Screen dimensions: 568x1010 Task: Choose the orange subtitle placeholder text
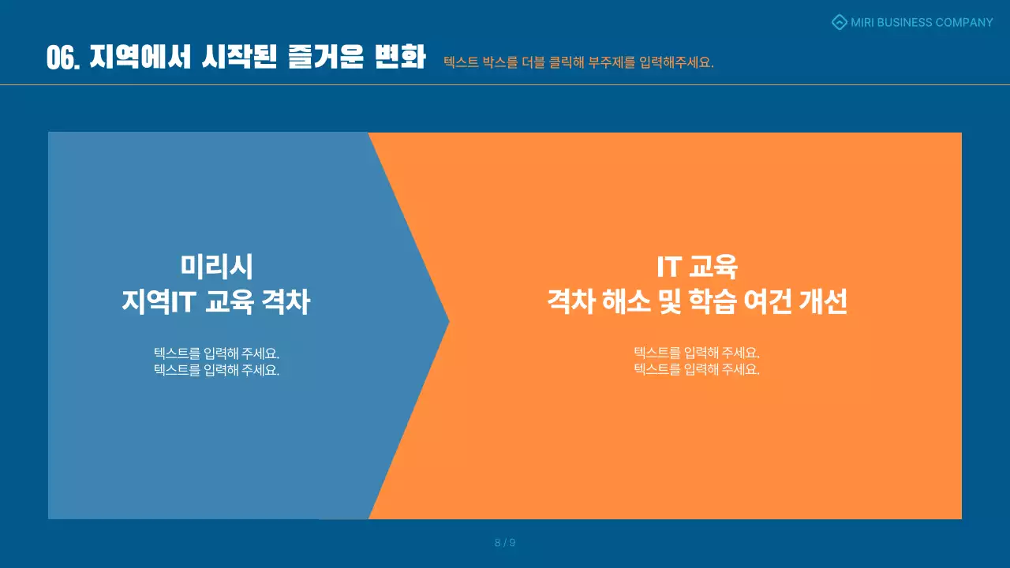[578, 62]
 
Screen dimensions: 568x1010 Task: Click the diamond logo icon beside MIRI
[840, 22]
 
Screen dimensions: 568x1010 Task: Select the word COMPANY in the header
[964, 22]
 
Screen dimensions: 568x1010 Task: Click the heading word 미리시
[216, 267]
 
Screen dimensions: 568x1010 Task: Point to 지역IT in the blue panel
[158, 302]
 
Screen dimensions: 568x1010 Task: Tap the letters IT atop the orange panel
[668, 267]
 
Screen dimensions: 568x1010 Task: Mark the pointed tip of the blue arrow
[447, 321]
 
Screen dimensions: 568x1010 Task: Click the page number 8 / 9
[505, 543]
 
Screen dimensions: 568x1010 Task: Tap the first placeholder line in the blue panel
[216, 353]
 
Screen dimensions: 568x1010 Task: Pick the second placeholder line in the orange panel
[697, 369]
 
